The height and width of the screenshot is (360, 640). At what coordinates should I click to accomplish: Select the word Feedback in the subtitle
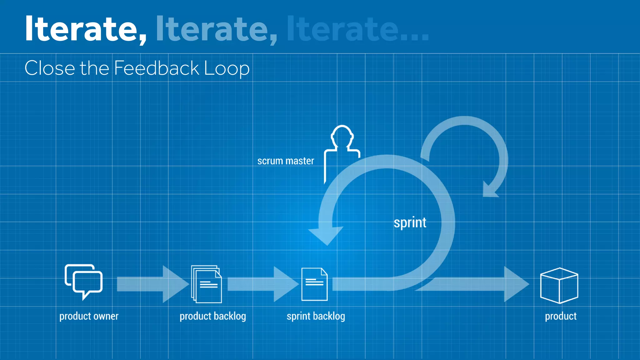click(x=156, y=68)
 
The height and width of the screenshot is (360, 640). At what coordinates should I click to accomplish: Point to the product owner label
click(x=89, y=316)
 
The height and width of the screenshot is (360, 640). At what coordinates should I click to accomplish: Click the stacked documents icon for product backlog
click(x=207, y=284)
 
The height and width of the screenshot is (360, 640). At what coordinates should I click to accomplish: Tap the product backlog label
click(x=213, y=316)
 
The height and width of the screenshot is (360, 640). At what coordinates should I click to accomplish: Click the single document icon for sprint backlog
click(x=314, y=284)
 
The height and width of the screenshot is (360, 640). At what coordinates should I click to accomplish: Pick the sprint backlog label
click(x=316, y=316)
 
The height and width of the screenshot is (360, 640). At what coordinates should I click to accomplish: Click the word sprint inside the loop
click(x=410, y=223)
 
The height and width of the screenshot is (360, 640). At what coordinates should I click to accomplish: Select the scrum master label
click(x=286, y=161)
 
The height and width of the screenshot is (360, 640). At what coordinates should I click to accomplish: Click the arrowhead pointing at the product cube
click(x=516, y=284)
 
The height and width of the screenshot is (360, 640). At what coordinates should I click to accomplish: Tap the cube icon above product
click(x=559, y=285)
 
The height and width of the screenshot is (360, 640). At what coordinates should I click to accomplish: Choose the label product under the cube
click(x=561, y=316)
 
